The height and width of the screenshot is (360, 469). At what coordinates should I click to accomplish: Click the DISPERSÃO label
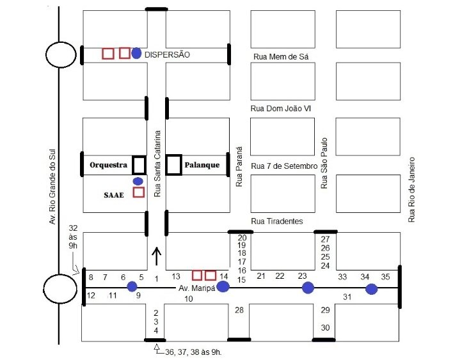pos(168,55)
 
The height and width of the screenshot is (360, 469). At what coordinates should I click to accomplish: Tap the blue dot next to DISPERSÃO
pos(136,54)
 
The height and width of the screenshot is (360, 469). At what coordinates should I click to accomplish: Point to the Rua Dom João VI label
pos(281,109)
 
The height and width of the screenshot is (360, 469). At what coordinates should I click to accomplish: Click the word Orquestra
pos(107,165)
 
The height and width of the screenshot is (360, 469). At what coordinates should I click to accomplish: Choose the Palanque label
pos(202,165)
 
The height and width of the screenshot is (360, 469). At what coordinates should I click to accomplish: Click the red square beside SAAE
pos(139,192)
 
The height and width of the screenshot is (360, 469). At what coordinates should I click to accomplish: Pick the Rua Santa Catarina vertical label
pos(157,163)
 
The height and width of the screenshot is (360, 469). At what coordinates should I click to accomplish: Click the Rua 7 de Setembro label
pos(284,166)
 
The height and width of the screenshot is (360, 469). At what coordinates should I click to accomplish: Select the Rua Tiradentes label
pos(277,221)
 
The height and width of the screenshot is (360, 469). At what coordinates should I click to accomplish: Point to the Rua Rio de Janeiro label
pos(412,189)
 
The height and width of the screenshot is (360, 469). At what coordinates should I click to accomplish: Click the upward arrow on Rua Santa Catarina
pos(157,256)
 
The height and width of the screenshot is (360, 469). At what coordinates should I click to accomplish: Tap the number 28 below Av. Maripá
pos(239,311)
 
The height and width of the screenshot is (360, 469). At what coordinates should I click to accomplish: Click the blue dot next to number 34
pos(372,288)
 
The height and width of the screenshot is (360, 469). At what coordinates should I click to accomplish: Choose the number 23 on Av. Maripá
pos(302,276)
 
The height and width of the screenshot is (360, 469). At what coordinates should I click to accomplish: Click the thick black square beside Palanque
pos(173,164)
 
